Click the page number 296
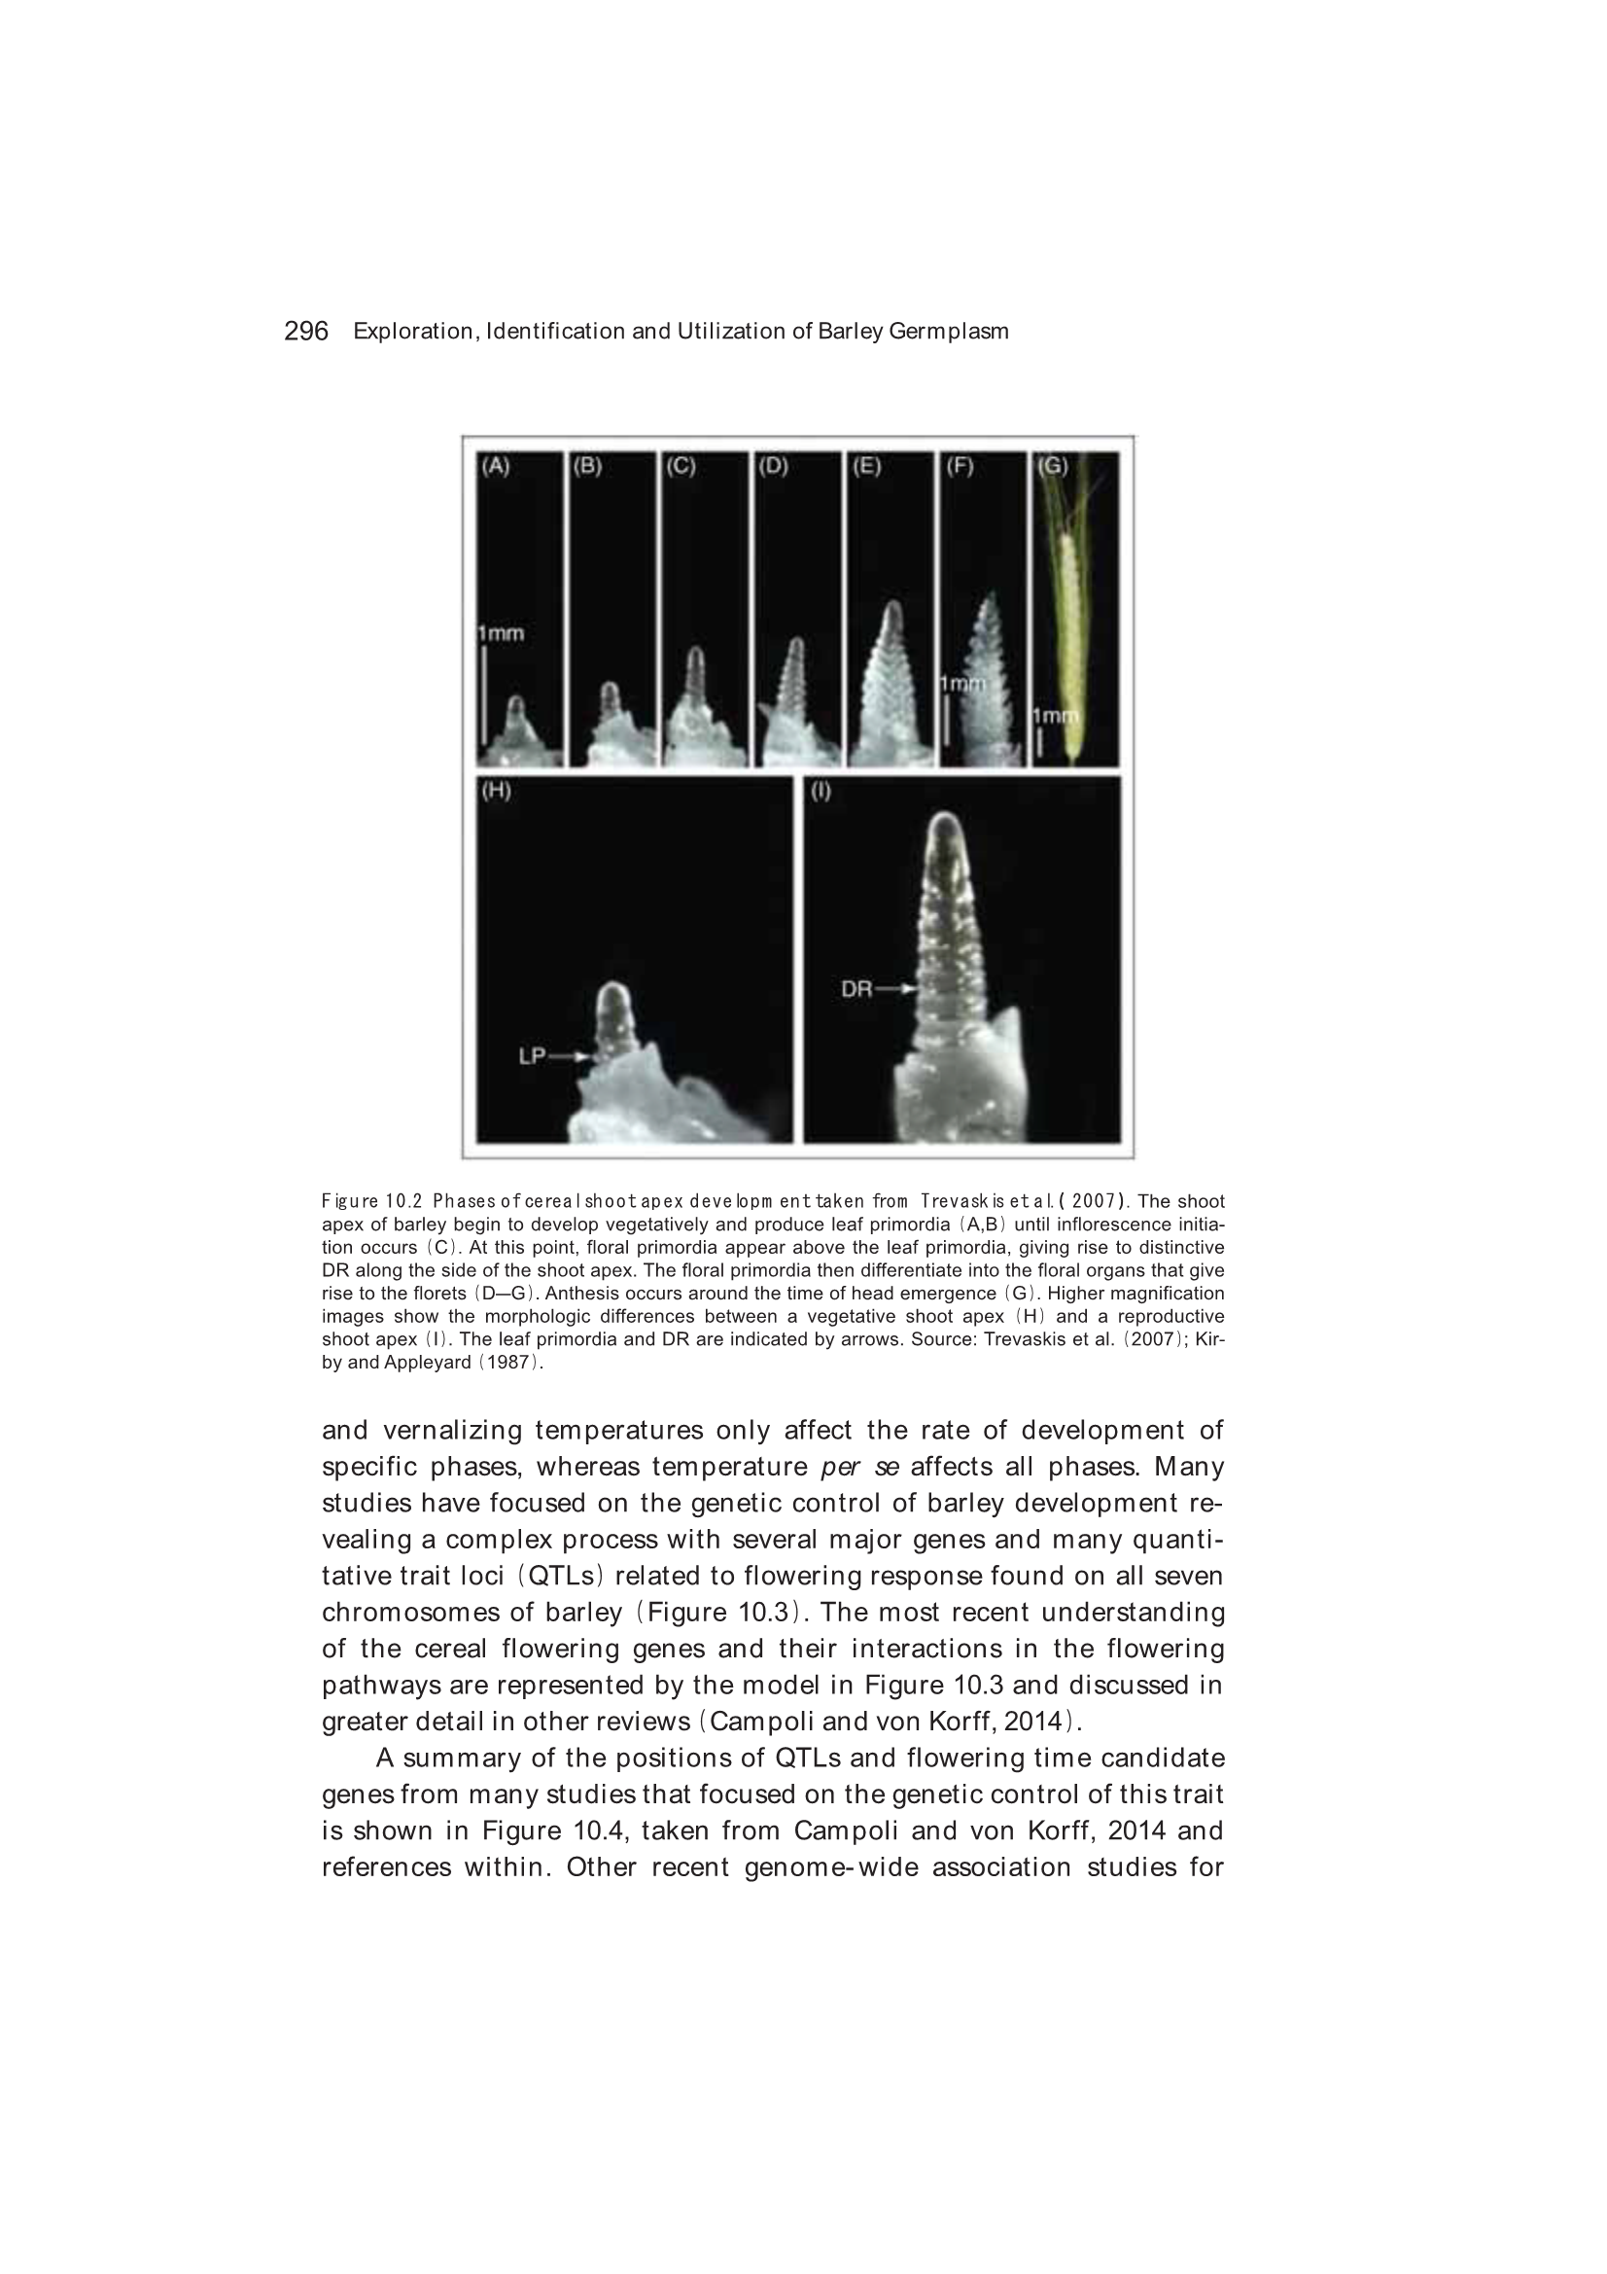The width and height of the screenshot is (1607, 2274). pos(306,331)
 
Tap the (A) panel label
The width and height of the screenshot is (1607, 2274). pos(495,466)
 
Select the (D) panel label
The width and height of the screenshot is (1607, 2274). pos(773,466)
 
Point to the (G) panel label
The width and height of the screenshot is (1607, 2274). pos(1052,466)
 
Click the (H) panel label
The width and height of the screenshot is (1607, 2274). pos(495,792)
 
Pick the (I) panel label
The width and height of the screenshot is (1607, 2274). pos(821,792)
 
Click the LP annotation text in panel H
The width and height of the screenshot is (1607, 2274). pos(533,1056)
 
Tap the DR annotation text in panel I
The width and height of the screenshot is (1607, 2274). pos(856,988)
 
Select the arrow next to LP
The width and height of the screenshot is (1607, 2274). pos(570,1057)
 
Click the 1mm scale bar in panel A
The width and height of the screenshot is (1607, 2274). pos(484,693)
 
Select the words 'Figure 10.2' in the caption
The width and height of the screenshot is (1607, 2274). pos(372,1201)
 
